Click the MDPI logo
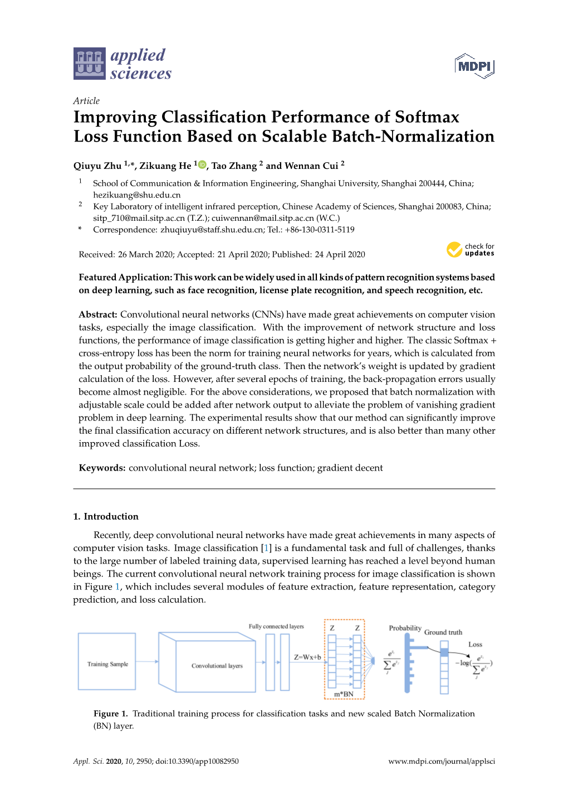pyautogui.click(x=474, y=66)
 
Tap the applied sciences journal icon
pyautogui.click(x=89, y=64)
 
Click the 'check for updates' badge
pyautogui.click(x=470, y=250)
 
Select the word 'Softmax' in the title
pyautogui.click(x=427, y=117)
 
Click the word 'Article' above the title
pyautogui.click(x=86, y=101)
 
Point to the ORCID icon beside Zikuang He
pyautogui.click(x=202, y=165)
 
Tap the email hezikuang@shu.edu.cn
pyautogui.click(x=136, y=195)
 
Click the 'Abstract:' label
pyautogui.click(x=98, y=314)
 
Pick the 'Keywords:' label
pyautogui.click(x=102, y=468)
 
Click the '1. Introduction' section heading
pyautogui.click(x=106, y=516)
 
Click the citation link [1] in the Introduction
pyautogui.click(x=266, y=548)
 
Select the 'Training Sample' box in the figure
pyautogui.click(x=107, y=662)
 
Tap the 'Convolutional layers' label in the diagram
pyautogui.click(x=217, y=666)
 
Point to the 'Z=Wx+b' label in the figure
pyautogui.click(x=307, y=657)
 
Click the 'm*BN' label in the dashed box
pyautogui.click(x=344, y=694)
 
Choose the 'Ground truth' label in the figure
pyautogui.click(x=443, y=632)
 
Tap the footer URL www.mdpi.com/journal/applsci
pyautogui.click(x=441, y=761)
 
